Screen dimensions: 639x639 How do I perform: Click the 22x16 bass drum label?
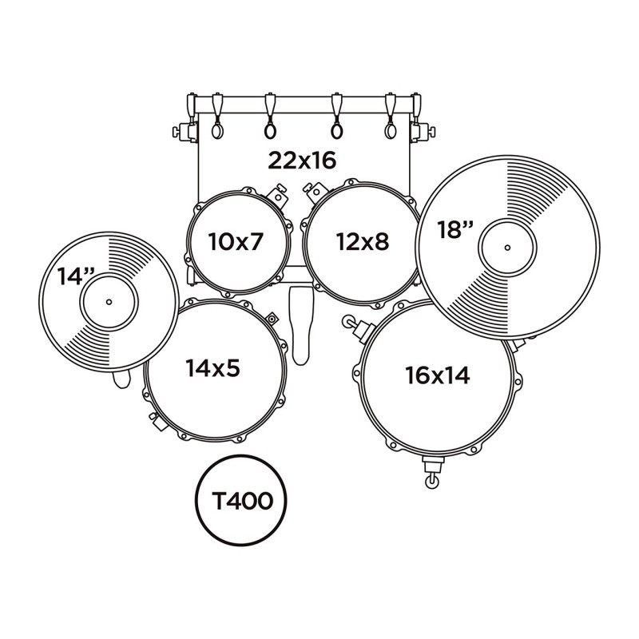pos(302,160)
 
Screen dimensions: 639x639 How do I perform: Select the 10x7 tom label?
pos(235,240)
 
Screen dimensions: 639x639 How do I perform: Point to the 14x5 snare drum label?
pos(213,368)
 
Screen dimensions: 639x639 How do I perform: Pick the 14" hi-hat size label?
pos(76,276)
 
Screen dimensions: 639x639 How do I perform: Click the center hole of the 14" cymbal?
pos(109,301)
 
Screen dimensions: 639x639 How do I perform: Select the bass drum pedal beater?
pos(300,319)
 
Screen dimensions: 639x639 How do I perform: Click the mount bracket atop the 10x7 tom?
pos(277,192)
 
